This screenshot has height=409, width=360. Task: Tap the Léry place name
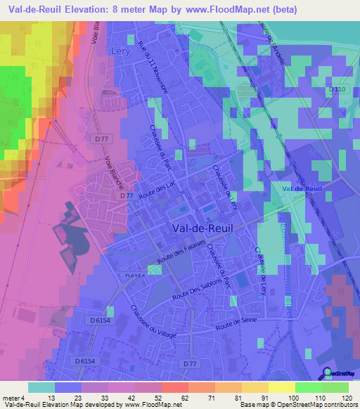tap(121, 51)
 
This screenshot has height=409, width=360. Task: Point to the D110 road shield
tap(337, 89)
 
